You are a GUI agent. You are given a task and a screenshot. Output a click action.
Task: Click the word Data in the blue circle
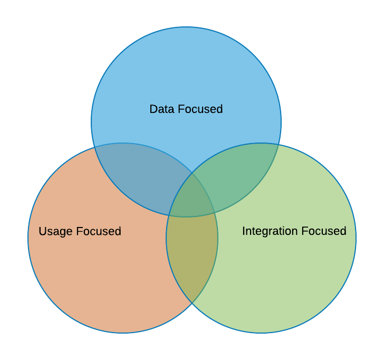tap(162, 109)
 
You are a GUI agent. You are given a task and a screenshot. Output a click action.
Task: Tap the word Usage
tap(55, 232)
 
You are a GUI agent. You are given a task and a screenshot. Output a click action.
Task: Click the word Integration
tap(270, 231)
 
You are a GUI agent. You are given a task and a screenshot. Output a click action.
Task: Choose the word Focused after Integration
tap(324, 231)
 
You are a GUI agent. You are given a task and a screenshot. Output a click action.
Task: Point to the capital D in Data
tap(153, 109)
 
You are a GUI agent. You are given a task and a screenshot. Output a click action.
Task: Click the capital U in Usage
tap(42, 231)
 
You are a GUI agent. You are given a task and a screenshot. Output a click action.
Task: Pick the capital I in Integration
tap(244, 231)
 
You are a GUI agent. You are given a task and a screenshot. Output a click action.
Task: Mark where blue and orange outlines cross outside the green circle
tap(94, 147)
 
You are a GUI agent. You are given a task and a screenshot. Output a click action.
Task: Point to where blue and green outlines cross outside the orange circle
tap(279, 145)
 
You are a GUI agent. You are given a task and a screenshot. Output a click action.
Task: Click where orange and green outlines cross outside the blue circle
tap(192, 303)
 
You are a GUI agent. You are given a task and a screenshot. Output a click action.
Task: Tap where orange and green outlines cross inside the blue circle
tap(192, 173)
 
